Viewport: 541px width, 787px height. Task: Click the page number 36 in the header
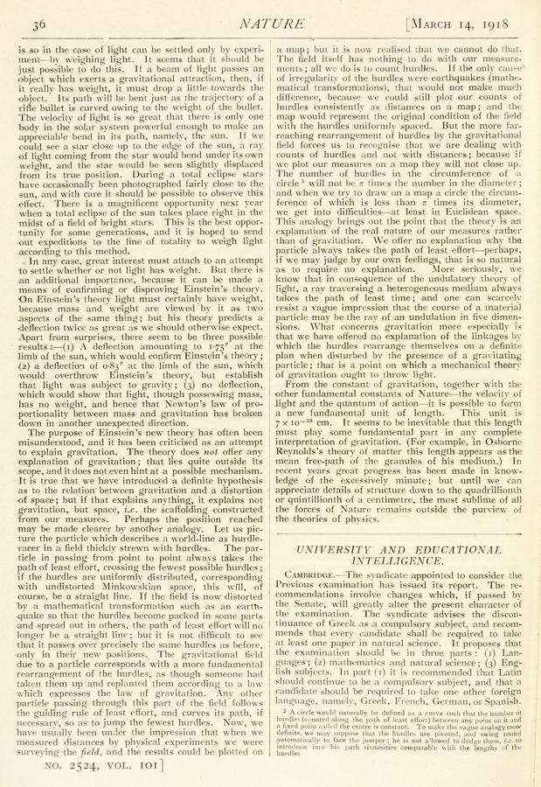[x=38, y=21]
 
